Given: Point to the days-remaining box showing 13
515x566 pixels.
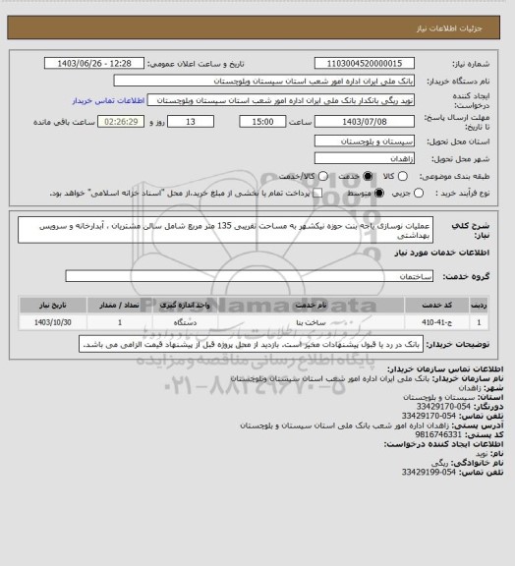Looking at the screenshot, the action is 190,121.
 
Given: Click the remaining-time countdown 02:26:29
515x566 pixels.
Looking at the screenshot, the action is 124,121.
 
